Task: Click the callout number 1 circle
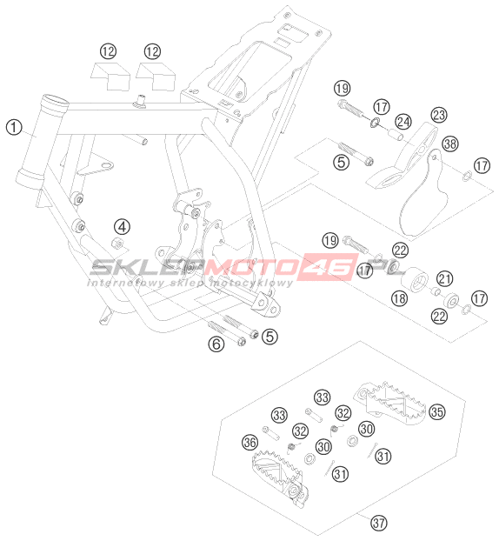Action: pyautogui.click(x=14, y=127)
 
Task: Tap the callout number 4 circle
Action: pyautogui.click(x=122, y=227)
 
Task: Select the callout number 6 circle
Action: pyautogui.click(x=216, y=344)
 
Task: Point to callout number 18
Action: pyautogui.click(x=400, y=298)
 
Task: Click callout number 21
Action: pyautogui.click(x=445, y=278)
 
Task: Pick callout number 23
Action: pyautogui.click(x=439, y=115)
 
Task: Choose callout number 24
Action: pyautogui.click(x=403, y=122)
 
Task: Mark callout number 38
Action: pyautogui.click(x=450, y=144)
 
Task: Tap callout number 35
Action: pyautogui.click(x=437, y=411)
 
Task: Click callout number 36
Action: pyautogui.click(x=250, y=442)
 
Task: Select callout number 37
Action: pyautogui.click(x=379, y=523)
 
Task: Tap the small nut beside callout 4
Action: pyautogui.click(x=117, y=244)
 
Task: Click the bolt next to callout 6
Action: pyautogui.click(x=227, y=332)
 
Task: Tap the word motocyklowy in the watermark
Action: pyautogui.click(x=251, y=284)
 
